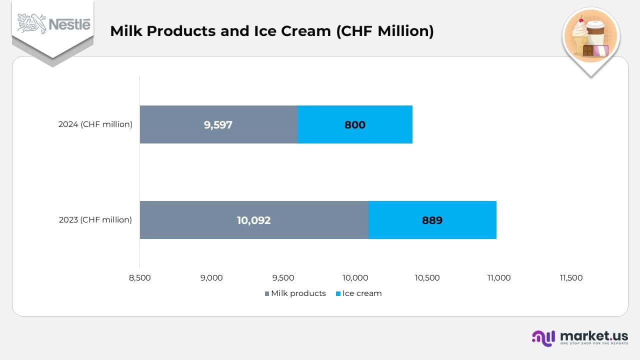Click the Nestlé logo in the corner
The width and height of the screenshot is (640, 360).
click(54, 24)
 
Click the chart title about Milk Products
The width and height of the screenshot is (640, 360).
click(271, 31)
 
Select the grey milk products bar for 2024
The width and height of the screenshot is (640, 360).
click(218, 124)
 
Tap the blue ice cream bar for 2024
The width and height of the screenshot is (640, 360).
click(354, 124)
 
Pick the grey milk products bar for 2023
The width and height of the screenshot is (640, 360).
click(254, 220)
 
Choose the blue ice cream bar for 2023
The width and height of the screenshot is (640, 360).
click(432, 220)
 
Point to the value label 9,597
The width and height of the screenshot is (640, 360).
click(218, 124)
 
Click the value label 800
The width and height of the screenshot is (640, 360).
click(354, 124)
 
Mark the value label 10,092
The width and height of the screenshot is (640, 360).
click(253, 220)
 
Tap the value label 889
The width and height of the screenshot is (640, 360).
click(432, 220)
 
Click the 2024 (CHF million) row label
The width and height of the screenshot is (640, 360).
click(95, 124)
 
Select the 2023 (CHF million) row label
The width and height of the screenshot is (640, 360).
click(95, 220)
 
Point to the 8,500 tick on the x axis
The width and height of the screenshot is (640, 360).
click(139, 278)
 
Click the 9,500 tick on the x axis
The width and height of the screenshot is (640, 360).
click(283, 278)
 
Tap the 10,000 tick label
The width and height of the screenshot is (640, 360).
click(355, 278)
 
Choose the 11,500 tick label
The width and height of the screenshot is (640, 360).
click(571, 278)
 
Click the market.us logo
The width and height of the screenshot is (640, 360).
click(579, 337)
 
